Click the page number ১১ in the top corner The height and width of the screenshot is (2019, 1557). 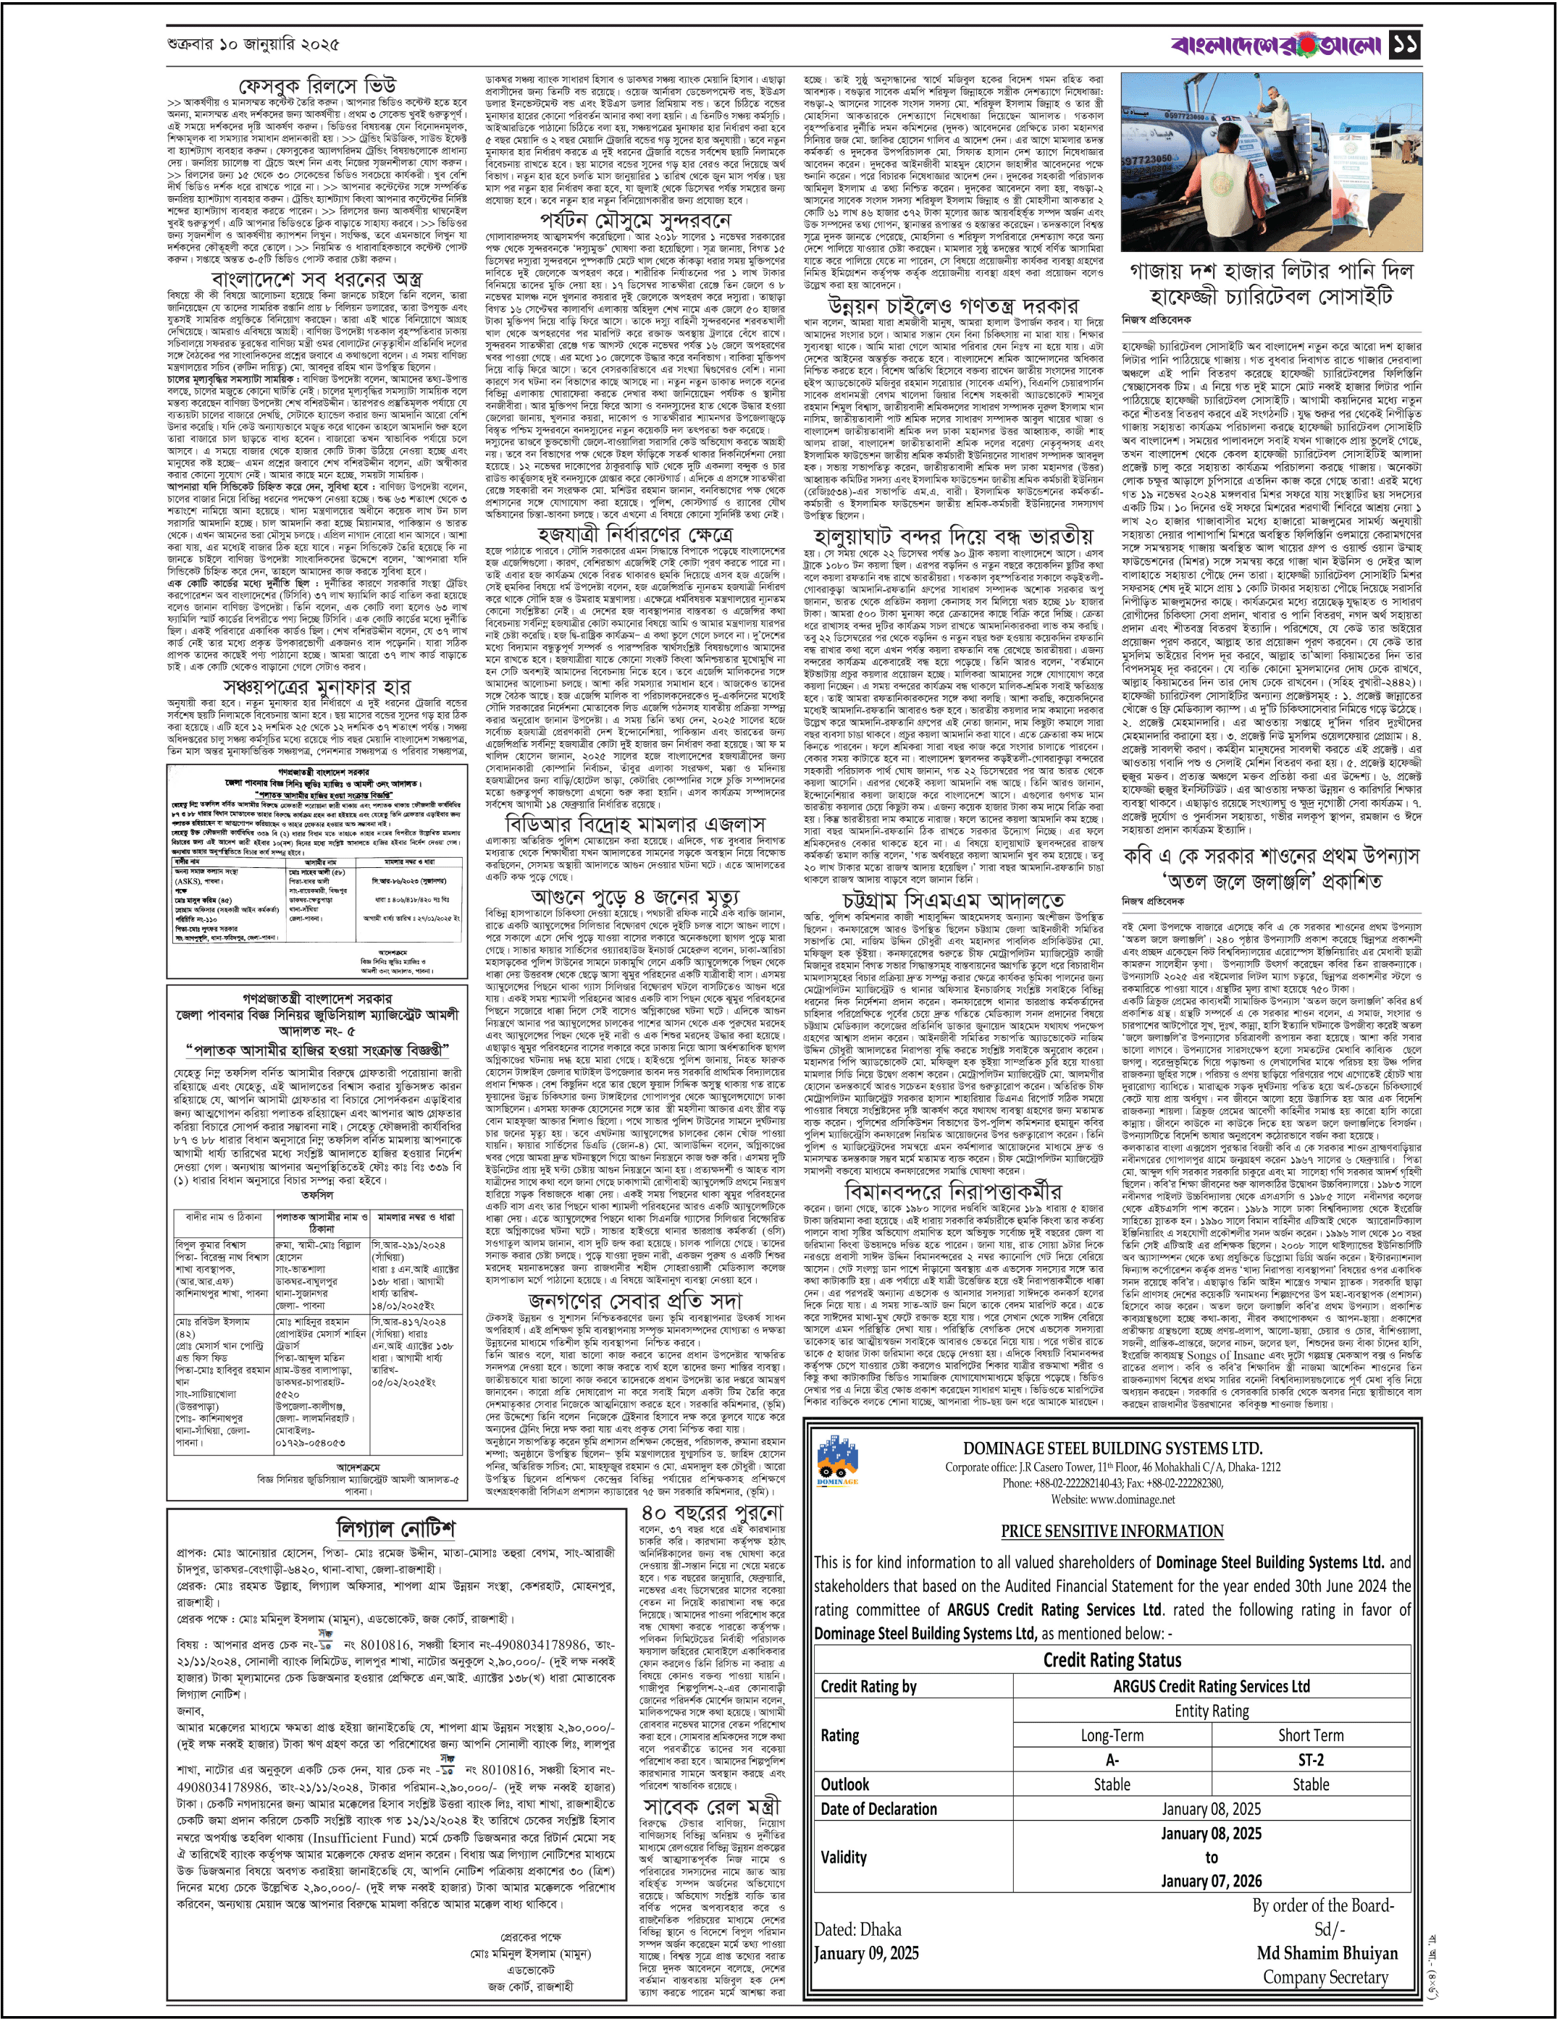pyautogui.click(x=1406, y=43)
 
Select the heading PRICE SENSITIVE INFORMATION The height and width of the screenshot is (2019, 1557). pyautogui.click(x=1112, y=1530)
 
